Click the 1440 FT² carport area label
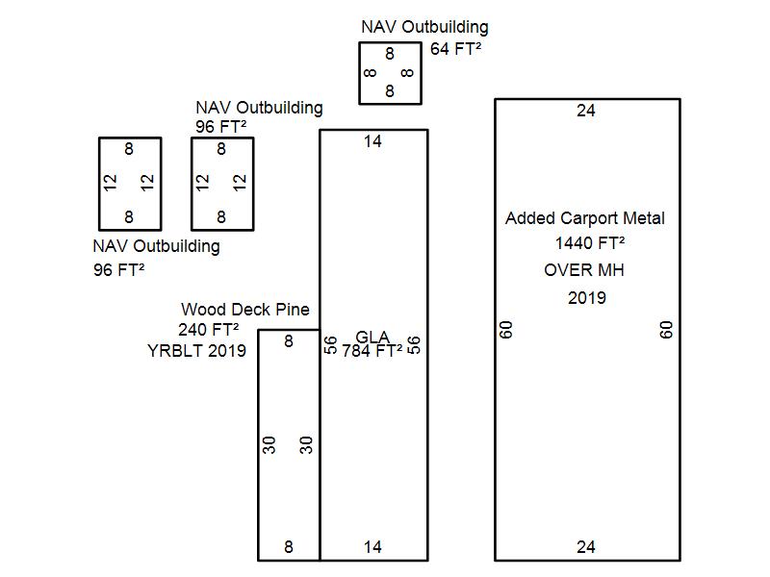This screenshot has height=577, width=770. (x=589, y=243)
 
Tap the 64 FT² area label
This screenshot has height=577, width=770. (x=455, y=48)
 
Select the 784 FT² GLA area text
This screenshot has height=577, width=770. (x=372, y=351)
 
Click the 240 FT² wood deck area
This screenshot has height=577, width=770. (x=208, y=330)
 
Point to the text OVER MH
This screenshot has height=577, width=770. (x=583, y=270)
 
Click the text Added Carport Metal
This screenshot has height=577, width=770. (x=584, y=218)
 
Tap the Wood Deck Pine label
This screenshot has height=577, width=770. (x=245, y=310)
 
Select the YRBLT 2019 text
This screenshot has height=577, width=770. (x=196, y=351)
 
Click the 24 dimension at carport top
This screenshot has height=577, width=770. (x=586, y=111)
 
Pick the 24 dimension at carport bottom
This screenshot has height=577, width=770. (x=586, y=547)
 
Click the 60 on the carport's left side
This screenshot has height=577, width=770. (x=507, y=330)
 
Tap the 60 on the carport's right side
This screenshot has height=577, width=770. (x=666, y=330)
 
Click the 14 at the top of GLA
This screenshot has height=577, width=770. (x=372, y=141)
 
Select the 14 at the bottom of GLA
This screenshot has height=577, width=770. (x=372, y=547)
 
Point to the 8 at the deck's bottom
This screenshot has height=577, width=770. (x=289, y=547)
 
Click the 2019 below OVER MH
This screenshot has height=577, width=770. (x=586, y=297)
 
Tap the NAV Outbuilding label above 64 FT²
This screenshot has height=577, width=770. (x=424, y=27)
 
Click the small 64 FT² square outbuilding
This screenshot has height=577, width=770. (x=390, y=73)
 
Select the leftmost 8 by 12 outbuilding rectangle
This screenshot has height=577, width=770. (x=130, y=183)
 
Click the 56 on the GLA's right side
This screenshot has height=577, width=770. (x=414, y=344)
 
